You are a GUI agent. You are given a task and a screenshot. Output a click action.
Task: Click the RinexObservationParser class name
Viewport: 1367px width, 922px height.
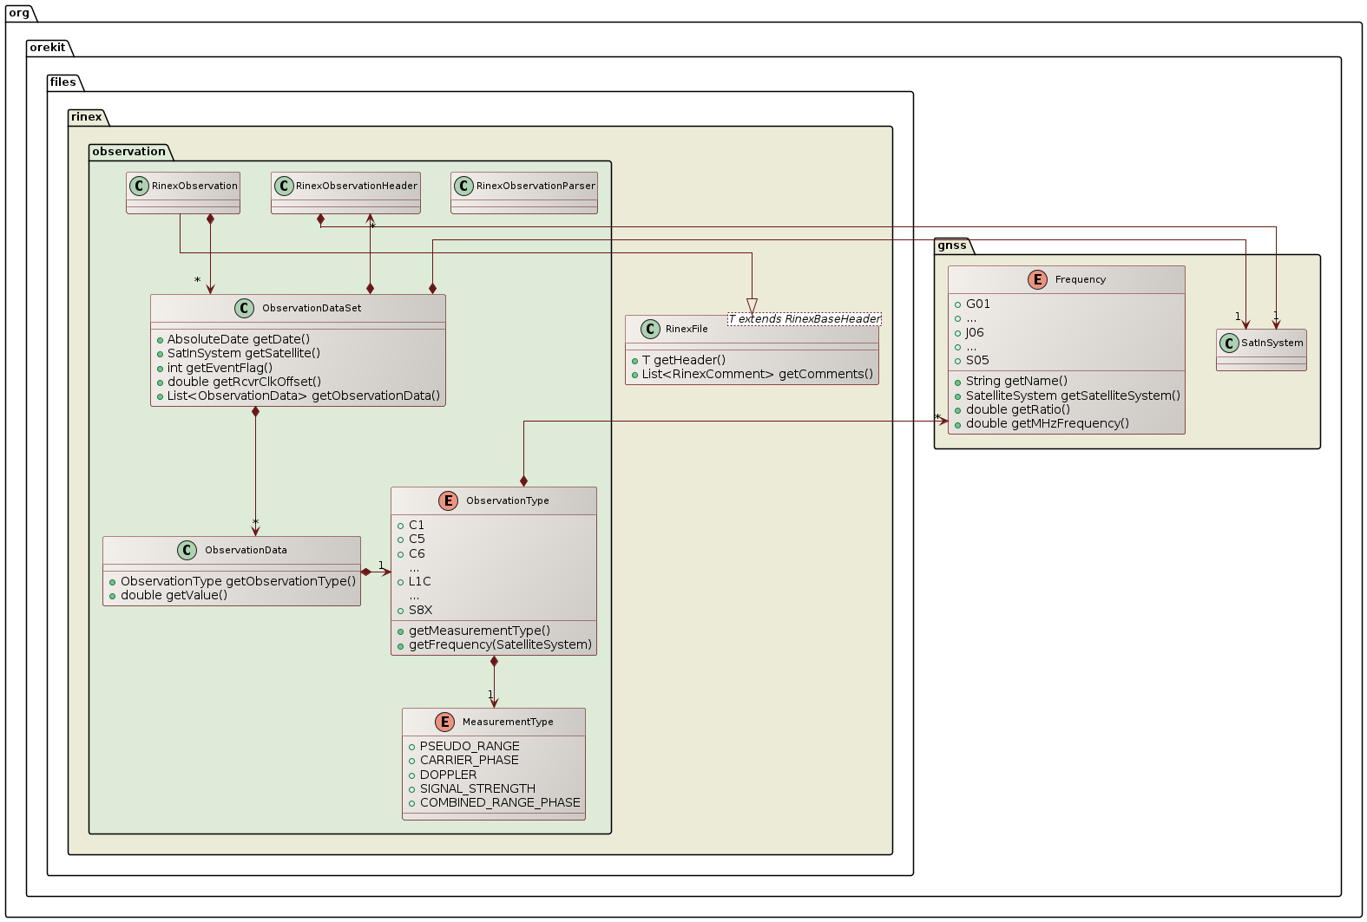click(x=536, y=186)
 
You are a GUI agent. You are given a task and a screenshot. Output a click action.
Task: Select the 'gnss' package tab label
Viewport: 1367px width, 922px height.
click(x=952, y=245)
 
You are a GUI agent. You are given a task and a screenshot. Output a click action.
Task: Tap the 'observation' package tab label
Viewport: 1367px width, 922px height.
click(x=128, y=152)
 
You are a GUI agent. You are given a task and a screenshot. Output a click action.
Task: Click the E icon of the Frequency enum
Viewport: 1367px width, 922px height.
click(x=1037, y=279)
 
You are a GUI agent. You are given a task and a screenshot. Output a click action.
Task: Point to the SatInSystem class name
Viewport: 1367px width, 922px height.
click(x=1272, y=343)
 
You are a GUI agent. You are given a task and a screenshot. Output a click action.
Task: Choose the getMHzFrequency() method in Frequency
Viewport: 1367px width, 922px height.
click(x=1047, y=423)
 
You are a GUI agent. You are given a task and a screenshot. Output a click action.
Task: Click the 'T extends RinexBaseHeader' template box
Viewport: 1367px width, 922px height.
click(x=804, y=319)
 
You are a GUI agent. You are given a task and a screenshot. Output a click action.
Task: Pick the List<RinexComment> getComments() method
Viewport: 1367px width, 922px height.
click(x=757, y=374)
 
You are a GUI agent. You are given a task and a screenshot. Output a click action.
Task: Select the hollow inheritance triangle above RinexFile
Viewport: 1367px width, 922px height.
click(x=752, y=305)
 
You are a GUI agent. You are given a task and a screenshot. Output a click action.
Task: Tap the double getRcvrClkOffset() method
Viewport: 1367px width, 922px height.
click(x=244, y=382)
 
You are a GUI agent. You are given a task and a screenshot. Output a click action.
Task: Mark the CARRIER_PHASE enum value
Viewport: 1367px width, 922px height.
click(x=469, y=760)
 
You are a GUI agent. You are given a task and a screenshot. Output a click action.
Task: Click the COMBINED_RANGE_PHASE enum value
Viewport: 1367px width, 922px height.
click(x=500, y=802)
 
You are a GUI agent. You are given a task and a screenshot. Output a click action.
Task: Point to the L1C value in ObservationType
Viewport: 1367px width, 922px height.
click(x=419, y=581)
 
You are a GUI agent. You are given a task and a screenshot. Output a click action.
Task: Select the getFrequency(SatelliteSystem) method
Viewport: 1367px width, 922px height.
click(x=500, y=644)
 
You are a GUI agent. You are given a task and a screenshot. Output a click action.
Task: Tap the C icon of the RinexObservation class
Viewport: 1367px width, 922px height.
click(x=139, y=186)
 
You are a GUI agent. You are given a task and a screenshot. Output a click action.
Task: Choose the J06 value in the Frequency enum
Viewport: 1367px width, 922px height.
click(x=975, y=332)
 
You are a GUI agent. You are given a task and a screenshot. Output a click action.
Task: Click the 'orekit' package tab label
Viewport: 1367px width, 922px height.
click(x=48, y=48)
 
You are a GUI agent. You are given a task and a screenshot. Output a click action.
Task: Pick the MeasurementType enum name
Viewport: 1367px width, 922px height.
click(x=508, y=722)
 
